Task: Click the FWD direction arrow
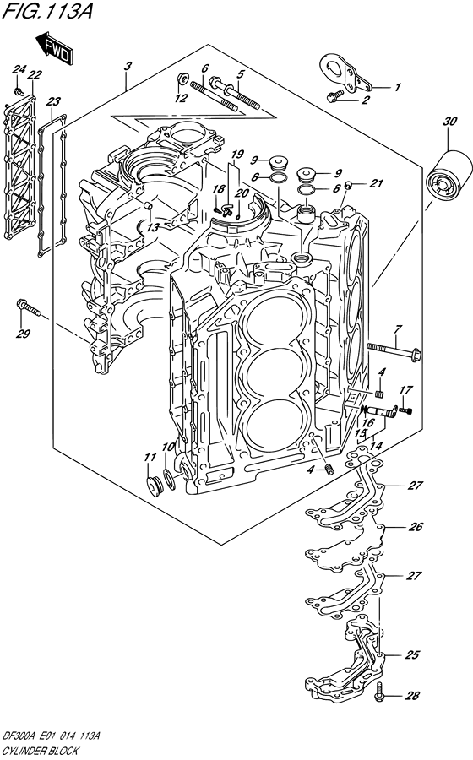pyautogui.click(x=54, y=47)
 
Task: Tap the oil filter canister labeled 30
pyautogui.click(x=449, y=175)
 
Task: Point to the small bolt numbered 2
pyautogui.click(x=335, y=97)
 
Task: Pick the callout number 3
pyautogui.click(x=128, y=67)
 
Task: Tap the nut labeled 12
pyautogui.click(x=183, y=79)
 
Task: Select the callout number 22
pyautogui.click(x=35, y=74)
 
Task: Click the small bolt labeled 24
pyautogui.click(x=19, y=91)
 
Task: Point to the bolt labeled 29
pyautogui.click(x=29, y=307)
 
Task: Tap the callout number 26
pyautogui.click(x=416, y=526)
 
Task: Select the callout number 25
pyautogui.click(x=411, y=654)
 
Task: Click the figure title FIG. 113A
pyautogui.click(x=46, y=11)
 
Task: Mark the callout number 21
pyautogui.click(x=376, y=183)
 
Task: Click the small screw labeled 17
pyautogui.click(x=405, y=411)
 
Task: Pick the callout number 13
pyautogui.click(x=153, y=227)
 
